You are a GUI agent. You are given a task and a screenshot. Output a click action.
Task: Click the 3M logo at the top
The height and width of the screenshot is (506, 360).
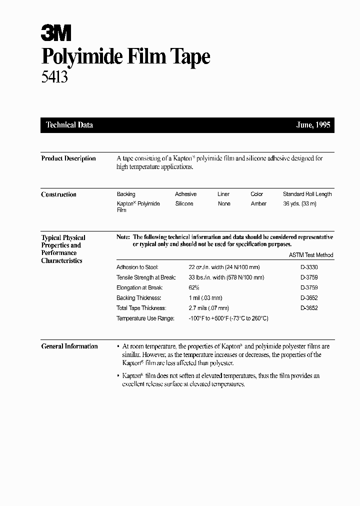click(x=56, y=33)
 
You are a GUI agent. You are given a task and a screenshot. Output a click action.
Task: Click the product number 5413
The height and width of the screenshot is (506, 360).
click(x=54, y=76)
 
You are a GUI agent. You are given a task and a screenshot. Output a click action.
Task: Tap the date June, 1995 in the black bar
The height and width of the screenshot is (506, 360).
click(x=313, y=125)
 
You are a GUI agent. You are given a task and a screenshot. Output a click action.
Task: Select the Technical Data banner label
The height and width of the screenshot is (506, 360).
click(x=69, y=125)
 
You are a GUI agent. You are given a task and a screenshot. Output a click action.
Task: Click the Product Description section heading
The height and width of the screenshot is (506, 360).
click(x=68, y=158)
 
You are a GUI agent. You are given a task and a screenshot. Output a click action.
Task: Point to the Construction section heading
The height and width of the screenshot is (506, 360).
click(x=58, y=194)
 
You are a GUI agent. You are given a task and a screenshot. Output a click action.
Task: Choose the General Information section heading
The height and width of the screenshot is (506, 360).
click(x=69, y=346)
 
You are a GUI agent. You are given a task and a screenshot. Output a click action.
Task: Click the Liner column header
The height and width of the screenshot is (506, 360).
click(x=223, y=194)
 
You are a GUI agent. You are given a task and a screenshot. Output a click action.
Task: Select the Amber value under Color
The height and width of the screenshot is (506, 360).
click(x=258, y=203)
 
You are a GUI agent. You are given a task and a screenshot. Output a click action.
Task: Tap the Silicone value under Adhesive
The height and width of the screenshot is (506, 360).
click(x=184, y=203)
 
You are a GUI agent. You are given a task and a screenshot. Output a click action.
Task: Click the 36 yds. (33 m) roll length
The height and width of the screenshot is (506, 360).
click(x=299, y=203)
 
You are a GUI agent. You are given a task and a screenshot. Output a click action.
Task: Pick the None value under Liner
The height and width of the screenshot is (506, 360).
click(x=224, y=203)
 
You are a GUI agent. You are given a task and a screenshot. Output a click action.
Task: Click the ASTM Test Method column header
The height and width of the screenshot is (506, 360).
click(x=311, y=255)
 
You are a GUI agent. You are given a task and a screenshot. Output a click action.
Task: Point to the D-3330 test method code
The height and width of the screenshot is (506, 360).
click(x=309, y=267)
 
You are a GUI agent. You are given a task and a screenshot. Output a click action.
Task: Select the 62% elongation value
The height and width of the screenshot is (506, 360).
click(x=194, y=288)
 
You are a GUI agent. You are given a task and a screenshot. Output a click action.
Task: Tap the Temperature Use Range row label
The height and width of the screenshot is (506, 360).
click(x=145, y=318)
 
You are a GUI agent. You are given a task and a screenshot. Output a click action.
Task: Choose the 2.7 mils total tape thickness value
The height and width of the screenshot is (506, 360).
click(x=208, y=308)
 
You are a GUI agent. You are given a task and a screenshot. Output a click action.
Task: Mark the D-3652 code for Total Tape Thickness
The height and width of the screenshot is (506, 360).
click(x=309, y=308)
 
